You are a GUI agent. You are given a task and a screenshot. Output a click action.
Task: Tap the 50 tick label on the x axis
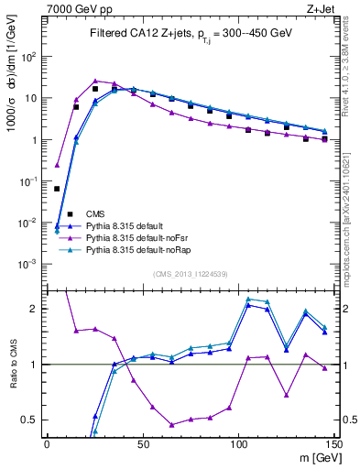tap(143, 442)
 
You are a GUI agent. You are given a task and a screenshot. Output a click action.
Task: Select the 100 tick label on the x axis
tap(238, 442)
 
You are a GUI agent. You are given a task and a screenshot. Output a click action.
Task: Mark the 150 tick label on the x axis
tap(334, 442)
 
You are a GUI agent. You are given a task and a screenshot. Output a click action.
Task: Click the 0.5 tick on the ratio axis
tap(32, 420)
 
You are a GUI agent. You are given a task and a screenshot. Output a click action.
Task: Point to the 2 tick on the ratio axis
tap(38, 309)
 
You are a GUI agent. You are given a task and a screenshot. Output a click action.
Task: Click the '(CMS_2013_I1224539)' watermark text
tap(191, 272)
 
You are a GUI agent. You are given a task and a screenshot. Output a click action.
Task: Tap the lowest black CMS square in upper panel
tap(57, 189)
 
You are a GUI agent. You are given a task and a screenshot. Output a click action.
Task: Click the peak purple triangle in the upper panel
tap(95, 81)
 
